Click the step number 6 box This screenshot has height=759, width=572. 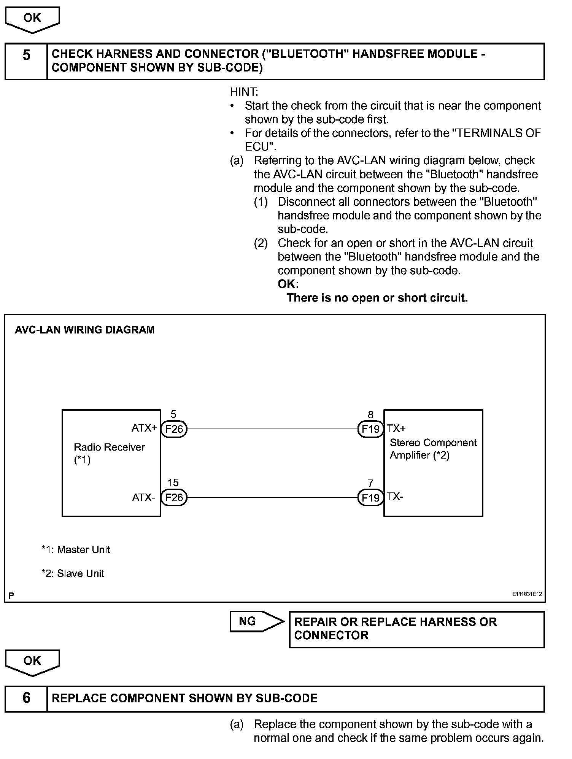coord(26,698)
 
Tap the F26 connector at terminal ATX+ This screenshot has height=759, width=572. coord(174,429)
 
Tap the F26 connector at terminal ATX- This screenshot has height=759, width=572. coord(174,497)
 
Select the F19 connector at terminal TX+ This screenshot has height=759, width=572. coord(370,429)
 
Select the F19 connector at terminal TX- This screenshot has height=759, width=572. coord(370,497)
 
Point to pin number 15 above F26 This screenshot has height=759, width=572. coord(173,483)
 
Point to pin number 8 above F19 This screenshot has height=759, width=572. coord(370,414)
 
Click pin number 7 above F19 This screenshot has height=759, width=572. coord(370,483)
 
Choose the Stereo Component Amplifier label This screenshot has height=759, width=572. coord(433,449)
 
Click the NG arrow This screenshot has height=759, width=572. coord(257,621)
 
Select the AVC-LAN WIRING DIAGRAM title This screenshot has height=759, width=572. coord(84,330)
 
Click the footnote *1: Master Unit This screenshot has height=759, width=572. coord(76,549)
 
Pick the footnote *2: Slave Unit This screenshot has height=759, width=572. coord(73,573)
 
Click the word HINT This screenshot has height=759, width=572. coord(244,92)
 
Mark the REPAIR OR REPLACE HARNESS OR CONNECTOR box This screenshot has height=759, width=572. coord(417,629)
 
